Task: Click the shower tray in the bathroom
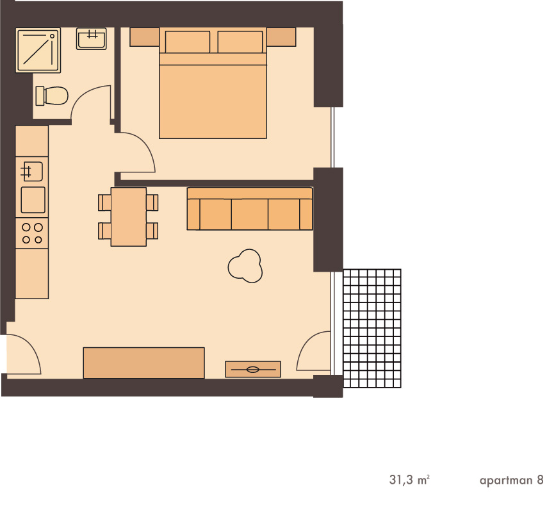[x=38, y=51]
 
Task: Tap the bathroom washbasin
[x=92, y=38]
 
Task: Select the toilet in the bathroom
[x=52, y=95]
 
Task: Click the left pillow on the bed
[x=187, y=42]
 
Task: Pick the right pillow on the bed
[x=240, y=42]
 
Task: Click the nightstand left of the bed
[x=144, y=37]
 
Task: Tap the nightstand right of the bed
[x=281, y=37]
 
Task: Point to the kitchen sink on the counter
[x=32, y=172]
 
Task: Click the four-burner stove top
[x=32, y=233]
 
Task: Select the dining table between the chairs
[x=129, y=217]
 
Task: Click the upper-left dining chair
[x=104, y=202]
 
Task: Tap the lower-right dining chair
[x=152, y=231]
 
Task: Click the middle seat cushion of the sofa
[x=250, y=214]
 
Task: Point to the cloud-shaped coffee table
[x=245, y=266]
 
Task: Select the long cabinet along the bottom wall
[x=144, y=363]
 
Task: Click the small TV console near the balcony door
[x=253, y=369]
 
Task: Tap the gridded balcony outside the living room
[x=372, y=329]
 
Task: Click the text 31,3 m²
[x=409, y=480]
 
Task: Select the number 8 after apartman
[x=540, y=480]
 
